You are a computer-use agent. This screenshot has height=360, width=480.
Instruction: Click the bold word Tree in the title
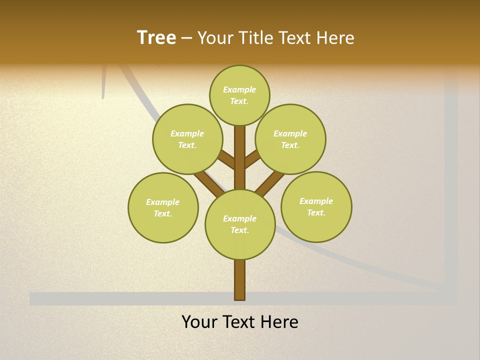[156, 37]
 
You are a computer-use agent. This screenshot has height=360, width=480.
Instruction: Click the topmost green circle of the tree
[239, 95]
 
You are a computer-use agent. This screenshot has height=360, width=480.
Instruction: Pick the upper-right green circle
[290, 139]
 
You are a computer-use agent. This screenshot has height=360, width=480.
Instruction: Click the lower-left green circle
[163, 207]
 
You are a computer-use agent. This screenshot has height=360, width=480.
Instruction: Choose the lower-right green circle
[316, 206]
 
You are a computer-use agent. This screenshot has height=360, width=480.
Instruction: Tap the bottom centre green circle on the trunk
[240, 224]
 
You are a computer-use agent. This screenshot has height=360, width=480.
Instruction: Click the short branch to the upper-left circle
[228, 161]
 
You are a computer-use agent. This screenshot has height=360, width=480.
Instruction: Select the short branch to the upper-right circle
[251, 160]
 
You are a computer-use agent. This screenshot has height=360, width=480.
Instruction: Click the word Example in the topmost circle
[239, 89]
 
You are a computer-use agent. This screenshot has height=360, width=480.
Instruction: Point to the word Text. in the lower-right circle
[316, 212]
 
